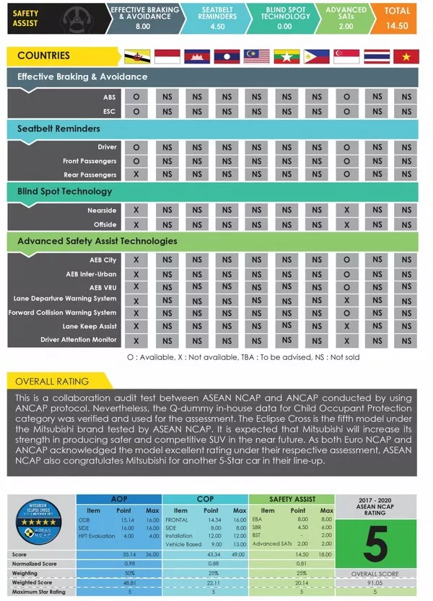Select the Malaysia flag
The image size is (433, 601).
[x=256, y=56]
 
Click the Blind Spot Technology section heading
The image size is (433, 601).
[x=65, y=192]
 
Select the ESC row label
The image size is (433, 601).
[x=110, y=111]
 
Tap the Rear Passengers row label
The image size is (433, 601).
[x=89, y=175]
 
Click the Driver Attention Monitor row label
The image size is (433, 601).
[x=79, y=340]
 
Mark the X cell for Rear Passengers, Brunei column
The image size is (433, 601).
[x=136, y=175]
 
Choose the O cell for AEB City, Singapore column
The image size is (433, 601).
[x=347, y=260]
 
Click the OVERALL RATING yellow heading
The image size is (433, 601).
[x=52, y=381]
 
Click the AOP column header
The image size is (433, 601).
[x=119, y=499]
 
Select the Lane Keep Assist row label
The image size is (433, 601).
[x=89, y=326]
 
